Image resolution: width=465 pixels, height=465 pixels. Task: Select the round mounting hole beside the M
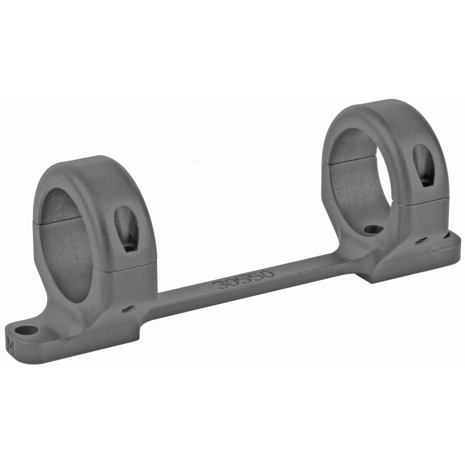click(x=25, y=331)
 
